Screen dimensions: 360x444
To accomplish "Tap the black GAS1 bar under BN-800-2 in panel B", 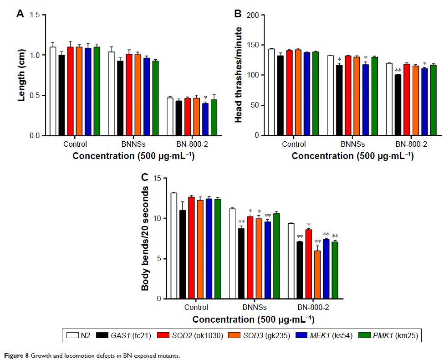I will coord(398,105).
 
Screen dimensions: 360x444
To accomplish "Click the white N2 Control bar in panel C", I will coord(174,246).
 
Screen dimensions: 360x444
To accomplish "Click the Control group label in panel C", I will coord(196,308).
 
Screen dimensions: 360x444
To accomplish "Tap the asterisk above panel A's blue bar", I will coord(205,98).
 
